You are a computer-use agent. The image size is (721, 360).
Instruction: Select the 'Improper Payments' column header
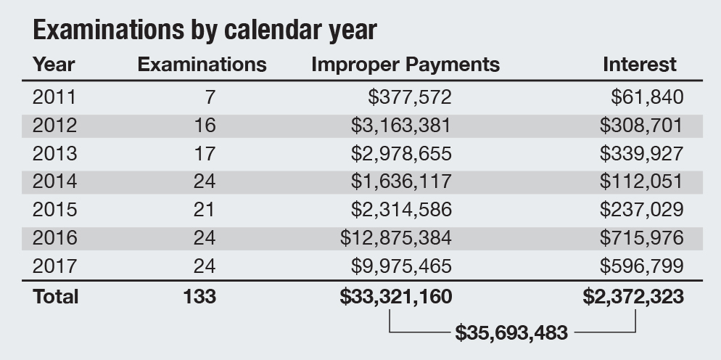click(405, 65)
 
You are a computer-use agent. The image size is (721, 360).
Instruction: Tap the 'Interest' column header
click(639, 65)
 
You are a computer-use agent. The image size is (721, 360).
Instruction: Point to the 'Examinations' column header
click(202, 65)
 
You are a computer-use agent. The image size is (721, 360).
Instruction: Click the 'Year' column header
click(54, 65)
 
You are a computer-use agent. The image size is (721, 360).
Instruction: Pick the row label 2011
click(54, 97)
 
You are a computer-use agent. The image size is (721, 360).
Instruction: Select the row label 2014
click(54, 181)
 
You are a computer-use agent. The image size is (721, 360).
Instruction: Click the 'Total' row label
click(56, 296)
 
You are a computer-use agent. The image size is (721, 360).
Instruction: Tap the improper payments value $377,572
click(411, 97)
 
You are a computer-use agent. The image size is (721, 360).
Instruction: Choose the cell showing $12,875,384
click(396, 238)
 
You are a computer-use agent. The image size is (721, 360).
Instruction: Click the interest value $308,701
click(641, 125)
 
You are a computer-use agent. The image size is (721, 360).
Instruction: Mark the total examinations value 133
click(200, 296)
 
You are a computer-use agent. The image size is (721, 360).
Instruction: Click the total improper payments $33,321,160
click(395, 296)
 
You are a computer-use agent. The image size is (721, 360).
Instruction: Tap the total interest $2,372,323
click(633, 296)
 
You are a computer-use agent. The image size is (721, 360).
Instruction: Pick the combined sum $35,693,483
click(511, 334)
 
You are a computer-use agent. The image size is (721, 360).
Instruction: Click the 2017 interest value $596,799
click(641, 266)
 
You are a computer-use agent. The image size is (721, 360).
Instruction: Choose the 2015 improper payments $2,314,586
click(401, 210)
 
